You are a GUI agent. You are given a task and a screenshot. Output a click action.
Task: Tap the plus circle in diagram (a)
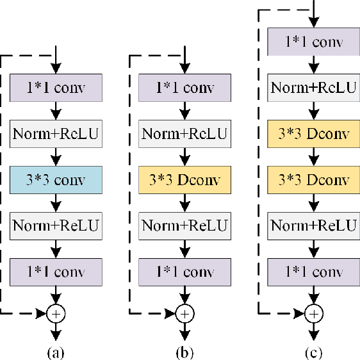pyautogui.click(x=56, y=313)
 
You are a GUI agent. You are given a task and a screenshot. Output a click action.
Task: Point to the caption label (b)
pyautogui.click(x=184, y=351)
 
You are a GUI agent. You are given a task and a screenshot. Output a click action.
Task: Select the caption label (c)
pyautogui.click(x=313, y=351)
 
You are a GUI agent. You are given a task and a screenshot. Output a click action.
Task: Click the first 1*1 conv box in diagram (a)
pyautogui.click(x=56, y=86)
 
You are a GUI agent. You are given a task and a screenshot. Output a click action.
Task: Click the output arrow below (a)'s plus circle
pyautogui.click(x=56, y=330)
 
